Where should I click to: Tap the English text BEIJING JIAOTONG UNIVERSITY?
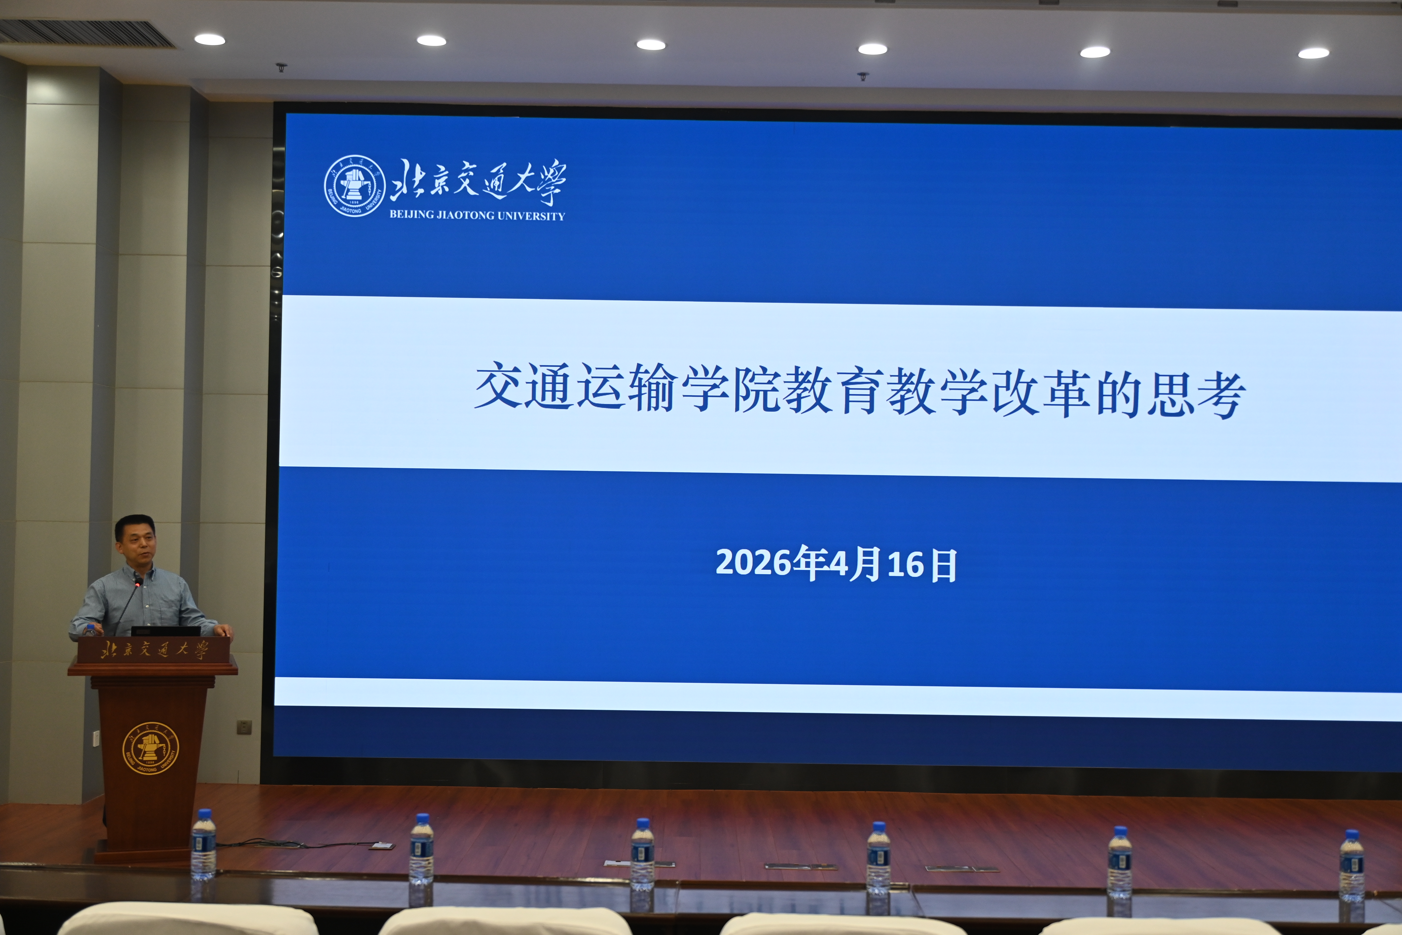[477, 215]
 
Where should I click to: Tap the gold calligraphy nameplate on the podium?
[154, 649]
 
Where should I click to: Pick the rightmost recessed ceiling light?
[1313, 53]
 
